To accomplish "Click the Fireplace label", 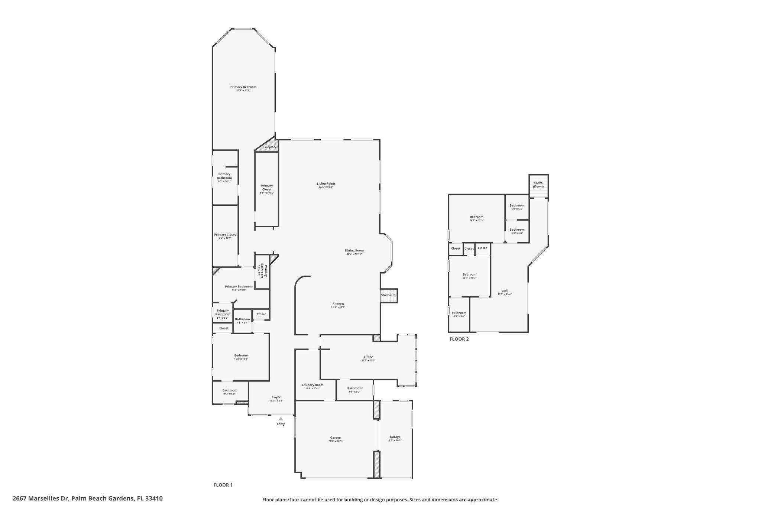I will point(270,147).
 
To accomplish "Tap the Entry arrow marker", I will point(281,419).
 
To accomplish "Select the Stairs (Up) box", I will point(389,295).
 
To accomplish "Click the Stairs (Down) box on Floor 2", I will point(538,185).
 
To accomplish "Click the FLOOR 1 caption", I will point(223,485).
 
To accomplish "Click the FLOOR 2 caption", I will point(459,339).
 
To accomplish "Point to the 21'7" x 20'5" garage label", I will point(335,439).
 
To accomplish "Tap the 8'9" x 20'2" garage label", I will point(395,439).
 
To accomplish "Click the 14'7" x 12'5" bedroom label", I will point(476,218).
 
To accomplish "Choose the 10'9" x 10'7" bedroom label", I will point(469,276).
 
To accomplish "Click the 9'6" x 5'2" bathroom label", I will point(354,390).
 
